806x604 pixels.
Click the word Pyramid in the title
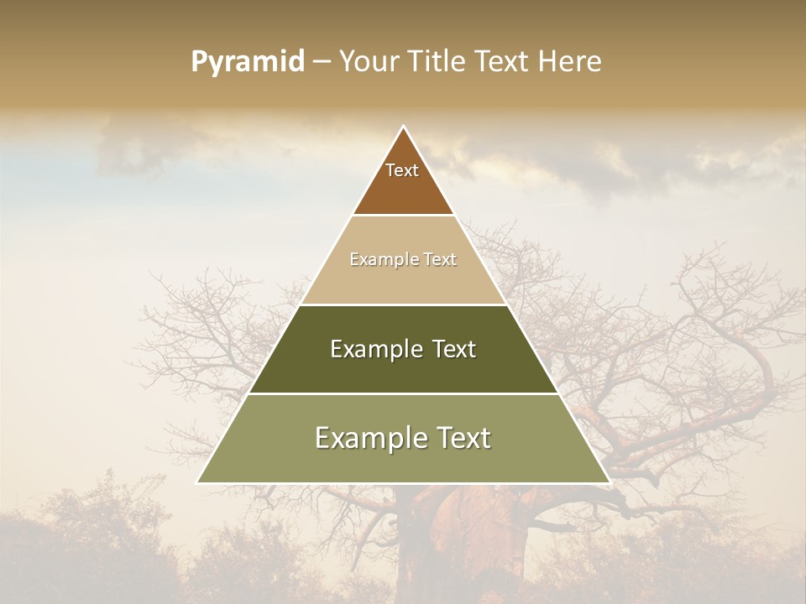coord(247,62)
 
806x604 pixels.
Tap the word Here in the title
coord(570,62)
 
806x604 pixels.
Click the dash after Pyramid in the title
coord(322,62)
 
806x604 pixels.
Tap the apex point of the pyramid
coord(403,127)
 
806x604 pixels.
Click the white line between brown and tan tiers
coord(403,216)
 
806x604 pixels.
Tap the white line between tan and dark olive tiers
coord(403,305)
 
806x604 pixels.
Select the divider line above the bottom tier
coord(403,393)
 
